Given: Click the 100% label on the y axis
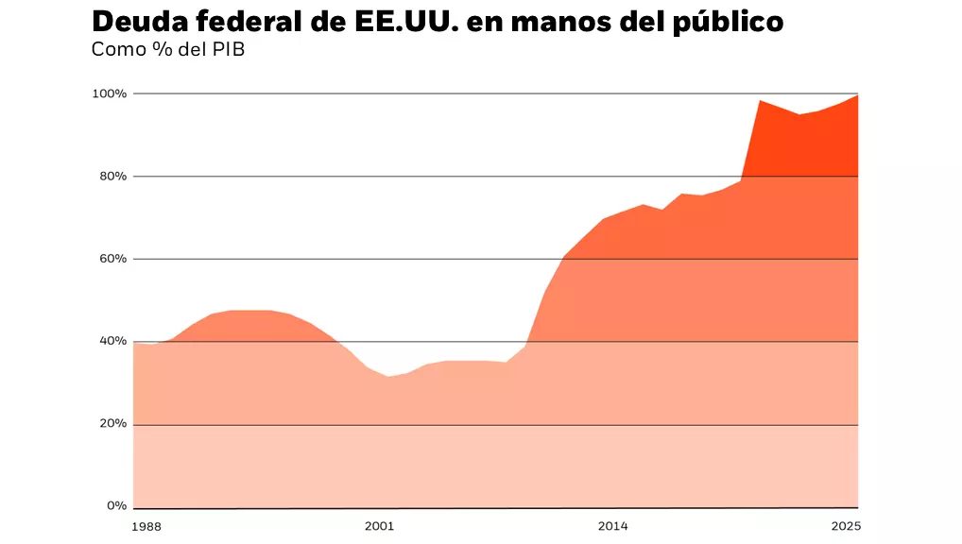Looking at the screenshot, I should (x=109, y=93).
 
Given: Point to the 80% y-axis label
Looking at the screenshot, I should (x=111, y=176).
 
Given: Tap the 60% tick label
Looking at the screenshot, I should (x=111, y=259).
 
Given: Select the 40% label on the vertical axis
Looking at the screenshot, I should (x=111, y=341).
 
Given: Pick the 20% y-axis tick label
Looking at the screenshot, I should (x=111, y=424).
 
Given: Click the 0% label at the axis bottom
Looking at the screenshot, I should (x=114, y=506).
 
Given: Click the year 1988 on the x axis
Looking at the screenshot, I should (x=147, y=525).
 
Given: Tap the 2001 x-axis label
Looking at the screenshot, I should (x=379, y=525).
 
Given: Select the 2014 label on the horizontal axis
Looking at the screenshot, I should (x=612, y=525).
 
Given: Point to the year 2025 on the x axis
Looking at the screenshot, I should (x=844, y=525).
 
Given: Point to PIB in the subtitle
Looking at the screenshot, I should (x=228, y=49).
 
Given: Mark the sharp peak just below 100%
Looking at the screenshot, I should (x=761, y=100).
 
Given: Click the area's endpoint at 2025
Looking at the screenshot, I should (x=857, y=95).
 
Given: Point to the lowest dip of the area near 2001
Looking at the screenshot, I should (x=387, y=377).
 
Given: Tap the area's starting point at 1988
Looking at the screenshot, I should (x=134, y=343).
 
